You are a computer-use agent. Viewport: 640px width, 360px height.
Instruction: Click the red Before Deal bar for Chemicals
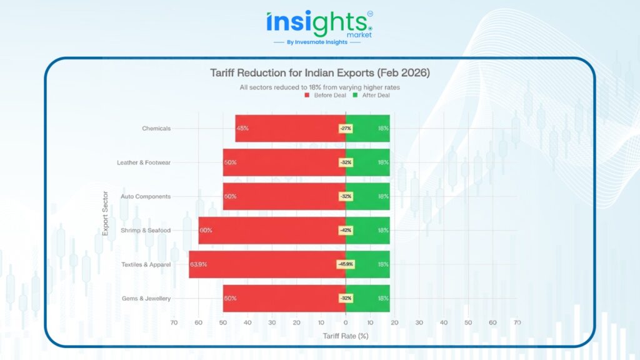[287, 128]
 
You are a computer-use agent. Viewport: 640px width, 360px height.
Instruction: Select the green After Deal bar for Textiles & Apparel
[369, 264]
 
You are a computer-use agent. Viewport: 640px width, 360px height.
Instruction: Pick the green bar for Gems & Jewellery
[369, 298]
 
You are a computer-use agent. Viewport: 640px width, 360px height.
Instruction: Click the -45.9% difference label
[346, 264]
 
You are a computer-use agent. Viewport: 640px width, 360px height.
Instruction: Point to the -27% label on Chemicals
[346, 128]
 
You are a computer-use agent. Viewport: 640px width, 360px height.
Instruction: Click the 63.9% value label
[199, 264]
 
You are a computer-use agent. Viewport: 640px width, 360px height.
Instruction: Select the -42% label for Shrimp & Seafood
[346, 231]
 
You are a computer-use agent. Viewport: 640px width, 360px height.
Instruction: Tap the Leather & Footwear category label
[144, 162]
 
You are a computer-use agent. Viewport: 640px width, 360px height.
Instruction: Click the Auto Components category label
[146, 196]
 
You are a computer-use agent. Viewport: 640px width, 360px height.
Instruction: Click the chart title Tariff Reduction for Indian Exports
[319, 73]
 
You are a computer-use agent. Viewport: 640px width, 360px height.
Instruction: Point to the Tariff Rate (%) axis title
[346, 336]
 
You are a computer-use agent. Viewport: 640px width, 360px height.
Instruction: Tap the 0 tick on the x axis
[346, 322]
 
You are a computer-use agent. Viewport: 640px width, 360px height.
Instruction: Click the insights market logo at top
[319, 24]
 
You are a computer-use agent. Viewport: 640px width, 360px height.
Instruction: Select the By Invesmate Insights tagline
[319, 42]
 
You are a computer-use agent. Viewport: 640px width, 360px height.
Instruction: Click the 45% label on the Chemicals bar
[242, 128]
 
